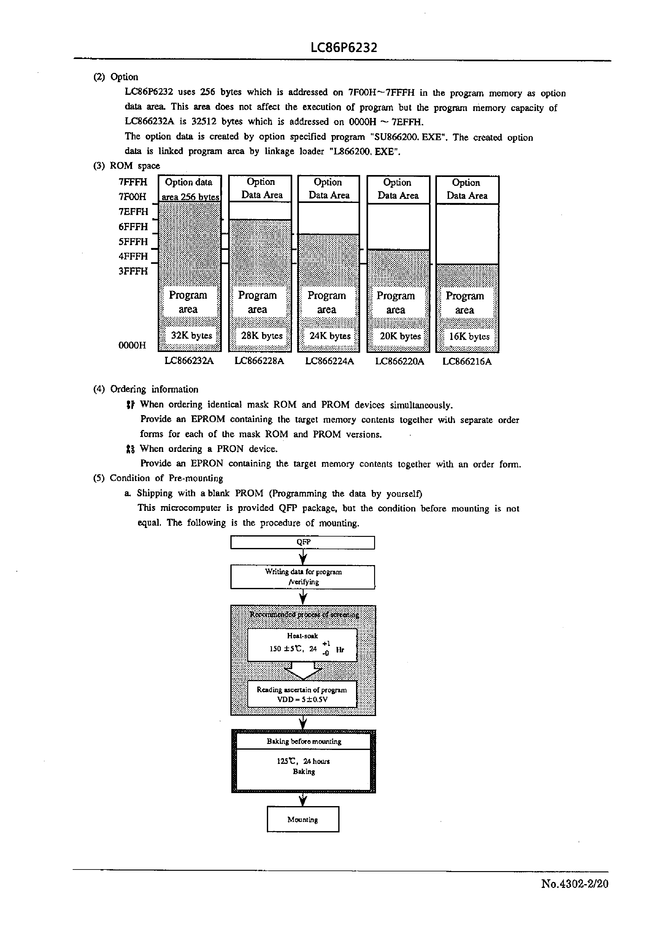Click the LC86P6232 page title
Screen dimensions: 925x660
pos(344,48)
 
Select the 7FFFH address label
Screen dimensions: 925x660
pos(133,182)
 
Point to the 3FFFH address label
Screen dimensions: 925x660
pos(133,271)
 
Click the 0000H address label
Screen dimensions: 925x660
pos(132,345)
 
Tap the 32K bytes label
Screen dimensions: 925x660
pos(191,335)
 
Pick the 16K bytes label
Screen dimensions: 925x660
pos(469,336)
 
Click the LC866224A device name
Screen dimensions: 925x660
pos(329,361)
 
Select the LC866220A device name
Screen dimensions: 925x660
pos(399,361)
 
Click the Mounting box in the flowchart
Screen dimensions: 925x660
pos(303,819)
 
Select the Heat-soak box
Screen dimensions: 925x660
pos(302,645)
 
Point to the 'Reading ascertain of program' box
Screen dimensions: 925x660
pos(302,694)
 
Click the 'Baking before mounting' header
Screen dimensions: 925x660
pos(304,741)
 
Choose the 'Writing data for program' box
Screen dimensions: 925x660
pos(303,576)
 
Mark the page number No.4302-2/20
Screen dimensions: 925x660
pos(574,883)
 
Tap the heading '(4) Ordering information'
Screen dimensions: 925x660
pos(146,389)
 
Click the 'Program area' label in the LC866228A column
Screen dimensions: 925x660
pos(257,302)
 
